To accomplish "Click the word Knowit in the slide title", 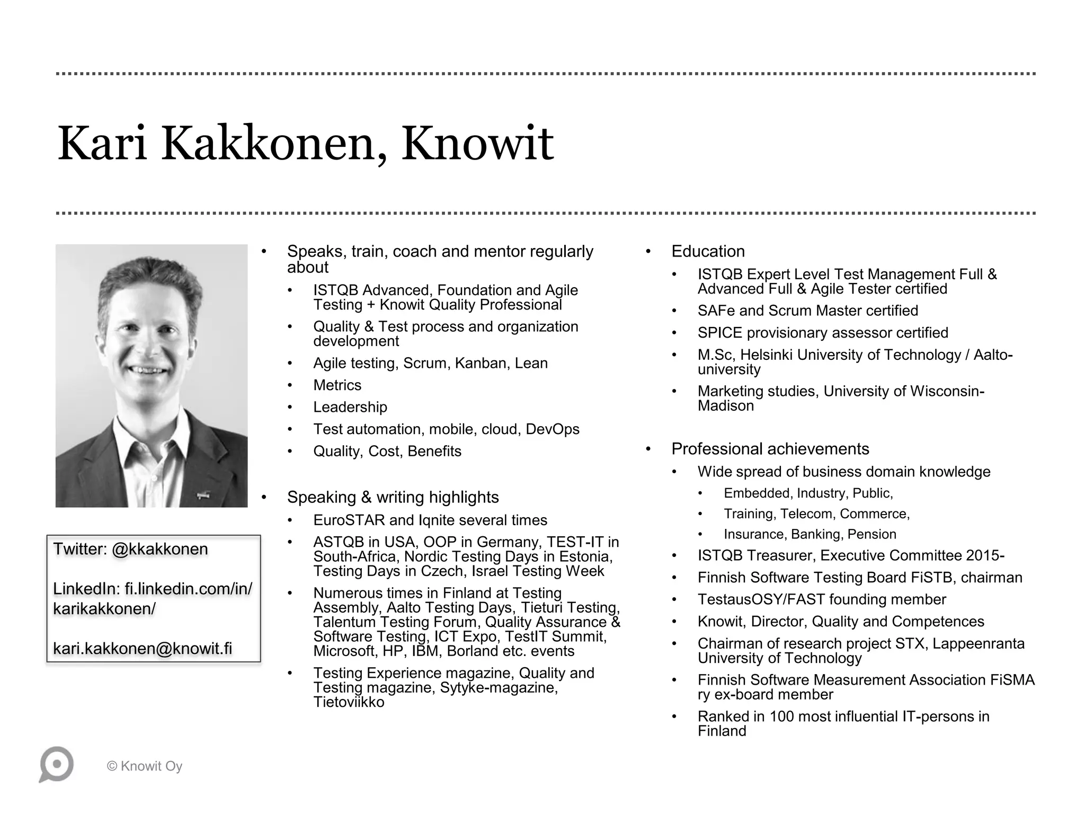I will click(477, 143).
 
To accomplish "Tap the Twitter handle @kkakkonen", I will click(159, 549).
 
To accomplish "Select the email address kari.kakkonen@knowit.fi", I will click(143, 649).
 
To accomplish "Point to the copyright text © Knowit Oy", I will click(145, 766).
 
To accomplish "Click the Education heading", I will click(708, 251).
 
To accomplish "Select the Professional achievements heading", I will click(770, 449).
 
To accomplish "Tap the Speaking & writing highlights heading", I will click(393, 497).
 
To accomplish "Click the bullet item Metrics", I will click(337, 385).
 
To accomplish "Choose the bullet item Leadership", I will click(350, 407).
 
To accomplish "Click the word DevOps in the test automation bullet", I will click(552, 429).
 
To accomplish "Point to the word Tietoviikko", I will click(349, 702).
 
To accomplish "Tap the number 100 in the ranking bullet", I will click(785, 716).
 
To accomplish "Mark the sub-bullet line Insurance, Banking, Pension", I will click(810, 534).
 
